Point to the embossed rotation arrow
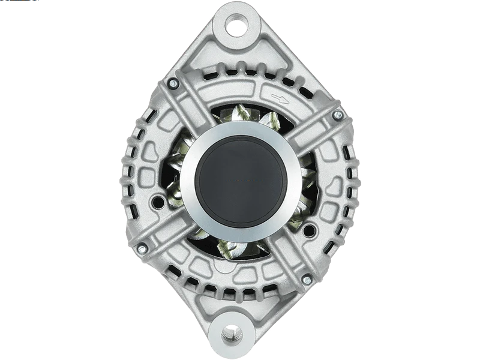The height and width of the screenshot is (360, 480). [x=277, y=97]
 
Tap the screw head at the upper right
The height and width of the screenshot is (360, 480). [x=337, y=114]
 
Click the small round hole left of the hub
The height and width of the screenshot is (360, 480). [x=159, y=201]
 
